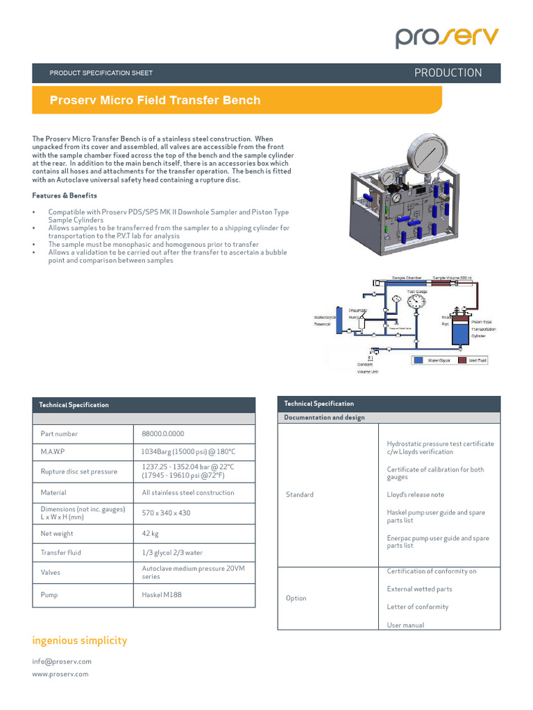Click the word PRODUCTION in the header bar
pyautogui.click(x=448, y=73)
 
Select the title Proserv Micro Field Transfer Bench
pyautogui.click(x=155, y=100)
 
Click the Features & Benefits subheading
pyautogui.click(x=65, y=196)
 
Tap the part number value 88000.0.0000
pyautogui.click(x=163, y=434)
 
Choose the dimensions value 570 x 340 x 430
pyautogui.click(x=166, y=513)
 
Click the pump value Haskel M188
pyautogui.click(x=162, y=595)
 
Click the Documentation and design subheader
pyautogui.click(x=324, y=417)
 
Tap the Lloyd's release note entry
pyautogui.click(x=415, y=495)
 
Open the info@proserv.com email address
pyautogui.click(x=62, y=661)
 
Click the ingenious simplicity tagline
pyautogui.click(x=80, y=641)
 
